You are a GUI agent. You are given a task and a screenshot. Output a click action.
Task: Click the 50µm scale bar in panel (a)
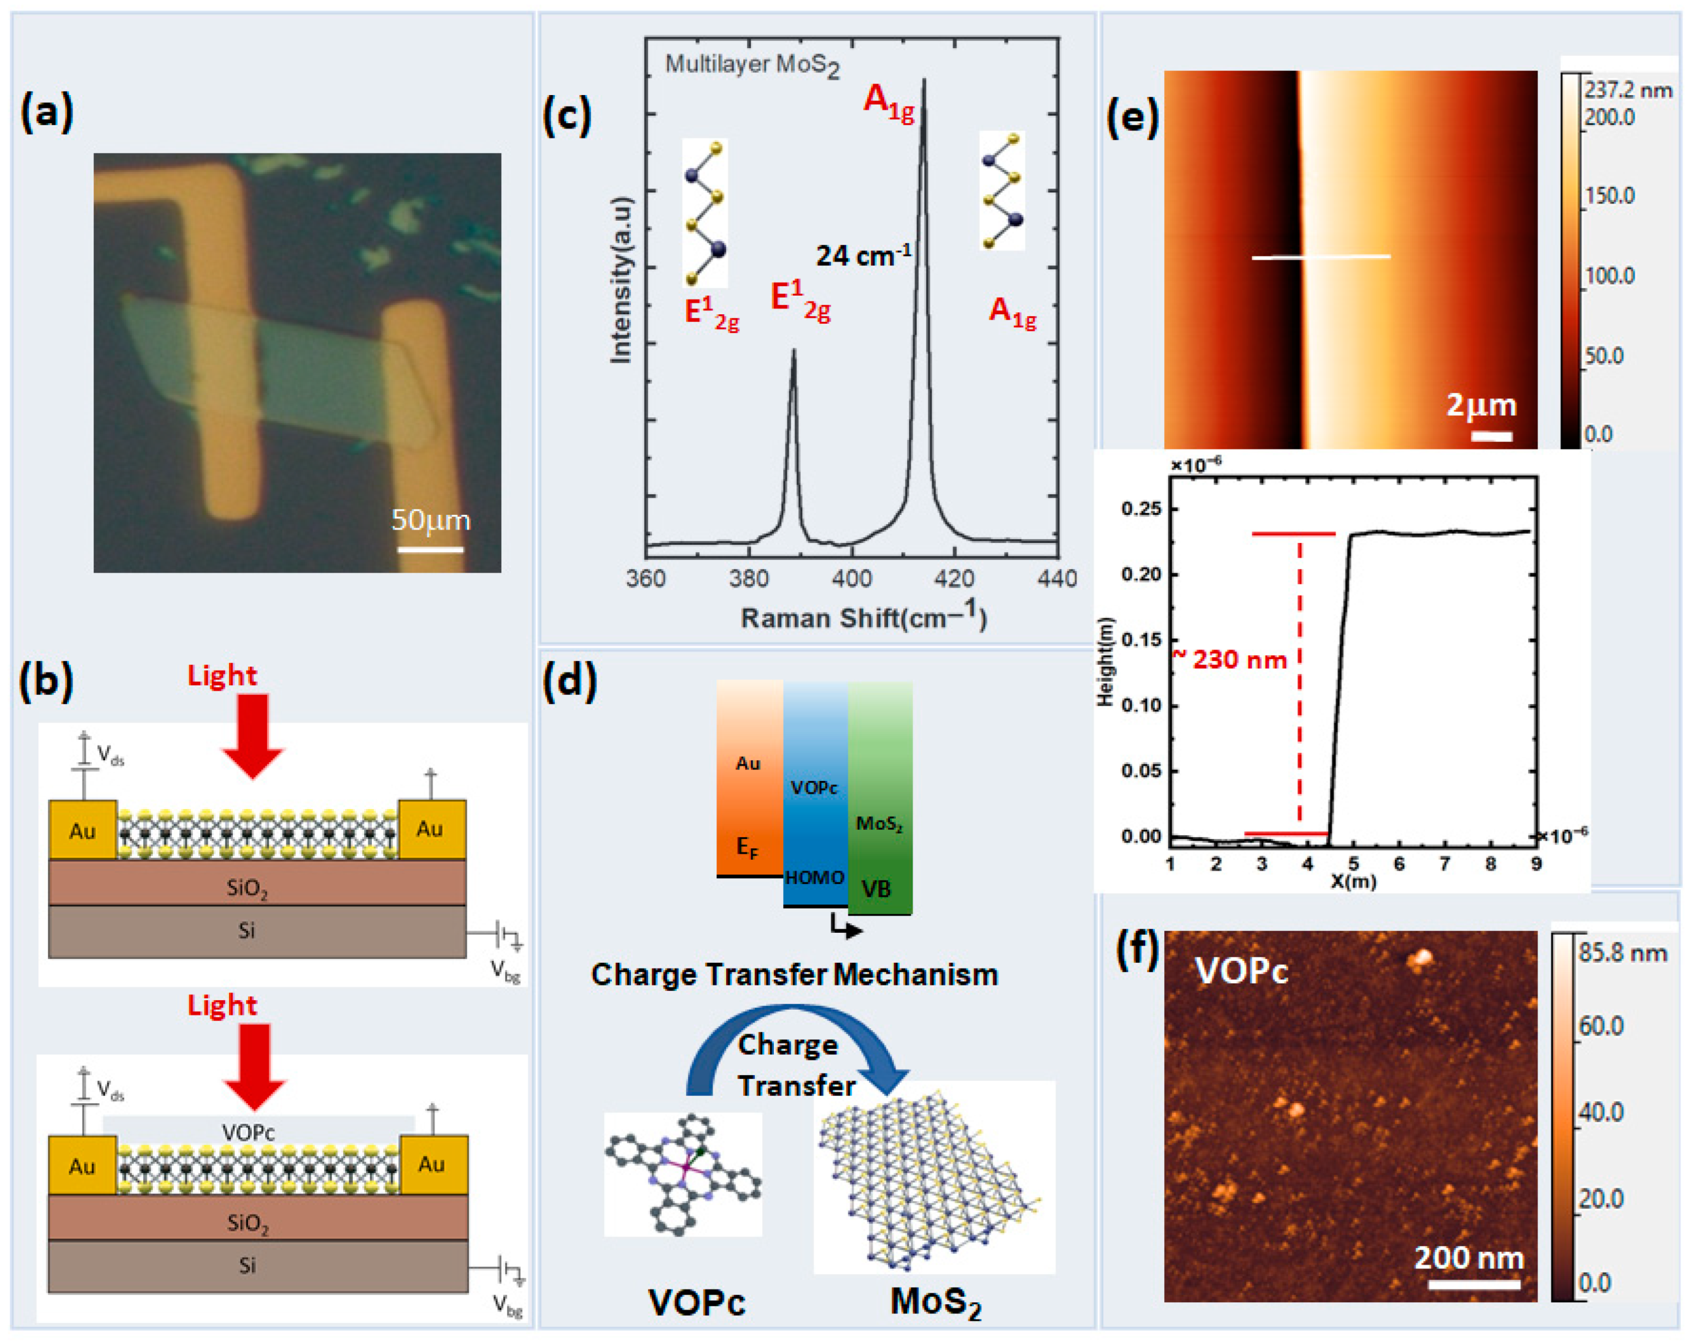(x=430, y=549)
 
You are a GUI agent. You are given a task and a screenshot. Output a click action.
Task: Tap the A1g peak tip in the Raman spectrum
(x=923, y=80)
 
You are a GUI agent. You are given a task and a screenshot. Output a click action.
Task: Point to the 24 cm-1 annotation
(x=863, y=255)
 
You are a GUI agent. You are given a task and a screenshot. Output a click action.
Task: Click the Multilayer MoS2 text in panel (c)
(x=751, y=65)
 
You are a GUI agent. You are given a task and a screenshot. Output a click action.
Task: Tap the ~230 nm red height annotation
(x=1231, y=659)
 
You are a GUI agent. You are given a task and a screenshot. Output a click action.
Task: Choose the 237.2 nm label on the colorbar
(x=1627, y=90)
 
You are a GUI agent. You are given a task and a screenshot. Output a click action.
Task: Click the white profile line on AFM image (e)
(x=1321, y=256)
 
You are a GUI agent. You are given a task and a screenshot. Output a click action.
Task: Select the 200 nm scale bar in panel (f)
(x=1474, y=1284)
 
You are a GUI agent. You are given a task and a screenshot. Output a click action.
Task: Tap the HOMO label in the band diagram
(x=815, y=877)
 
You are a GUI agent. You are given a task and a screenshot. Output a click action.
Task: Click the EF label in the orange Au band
(x=747, y=847)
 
